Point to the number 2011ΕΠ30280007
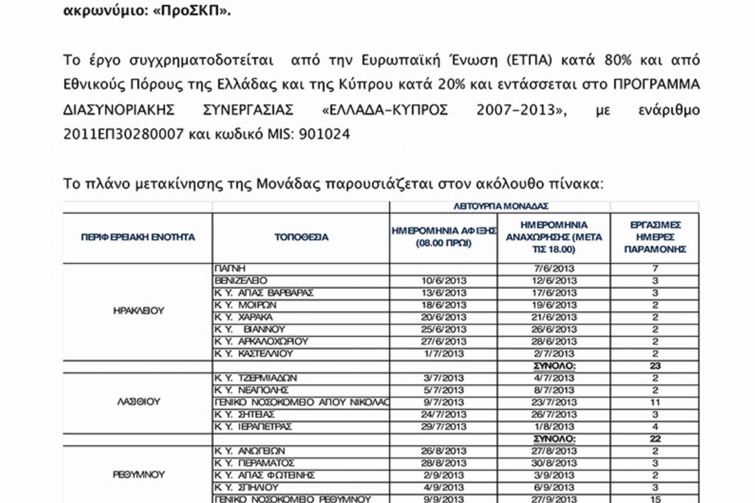pyautogui.click(x=123, y=134)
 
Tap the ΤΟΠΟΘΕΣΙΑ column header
pyautogui.click(x=301, y=237)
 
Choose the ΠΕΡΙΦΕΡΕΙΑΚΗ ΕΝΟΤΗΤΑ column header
pyautogui.click(x=138, y=237)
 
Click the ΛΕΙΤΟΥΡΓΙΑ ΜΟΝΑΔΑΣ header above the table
pyautogui.click(x=501, y=206)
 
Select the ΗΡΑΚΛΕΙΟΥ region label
pyautogui.click(x=138, y=310)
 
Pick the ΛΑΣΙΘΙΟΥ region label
pyautogui.click(x=138, y=402)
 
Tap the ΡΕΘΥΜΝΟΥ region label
pyautogui.click(x=138, y=475)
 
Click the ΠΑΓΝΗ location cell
pyautogui.click(x=230, y=269)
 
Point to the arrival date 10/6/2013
pyautogui.click(x=444, y=281)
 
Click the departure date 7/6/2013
pyautogui.click(x=553, y=269)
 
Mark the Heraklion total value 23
pyautogui.click(x=655, y=366)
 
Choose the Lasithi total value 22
pyautogui.click(x=655, y=439)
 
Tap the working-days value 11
pyautogui.click(x=655, y=402)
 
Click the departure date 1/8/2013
pyautogui.click(x=553, y=426)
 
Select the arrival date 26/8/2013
pyautogui.click(x=444, y=451)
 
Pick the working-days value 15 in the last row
pyautogui.click(x=655, y=499)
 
